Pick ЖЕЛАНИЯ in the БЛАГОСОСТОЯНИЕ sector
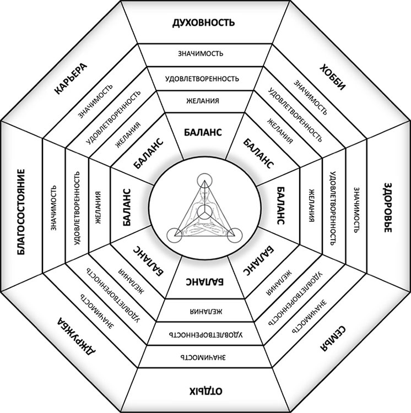pos(98,207)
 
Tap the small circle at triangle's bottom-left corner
pos(175,233)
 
